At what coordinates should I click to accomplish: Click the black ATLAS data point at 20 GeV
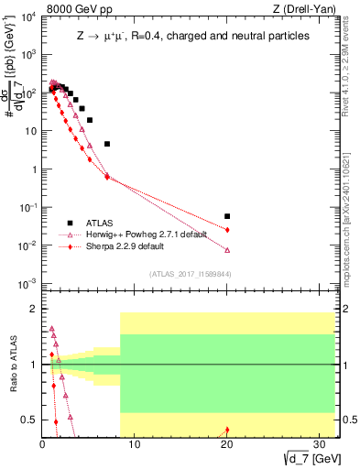pyautogui.click(x=227, y=216)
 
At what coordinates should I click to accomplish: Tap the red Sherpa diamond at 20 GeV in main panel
pyautogui.click(x=227, y=229)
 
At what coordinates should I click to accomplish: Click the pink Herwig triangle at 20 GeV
pyautogui.click(x=227, y=250)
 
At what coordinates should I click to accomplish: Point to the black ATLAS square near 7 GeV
pyautogui.click(x=107, y=144)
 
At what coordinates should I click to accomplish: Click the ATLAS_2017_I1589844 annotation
pyautogui.click(x=189, y=273)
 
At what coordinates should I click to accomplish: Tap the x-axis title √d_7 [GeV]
pyautogui.click(x=307, y=457)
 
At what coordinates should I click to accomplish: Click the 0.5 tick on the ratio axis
pyautogui.click(x=30, y=420)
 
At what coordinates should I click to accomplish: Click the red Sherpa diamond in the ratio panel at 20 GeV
pyautogui.click(x=227, y=430)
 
